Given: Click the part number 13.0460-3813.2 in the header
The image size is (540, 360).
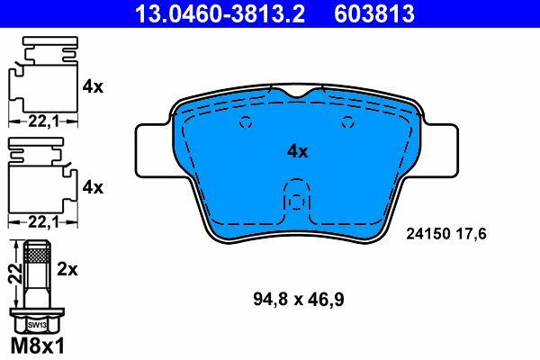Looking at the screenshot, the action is (220, 13).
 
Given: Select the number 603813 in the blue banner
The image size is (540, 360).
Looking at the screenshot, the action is (374, 13).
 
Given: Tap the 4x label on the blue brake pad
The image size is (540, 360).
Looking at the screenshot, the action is (298, 151).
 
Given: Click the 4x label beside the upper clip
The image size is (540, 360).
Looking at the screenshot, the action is (93, 86).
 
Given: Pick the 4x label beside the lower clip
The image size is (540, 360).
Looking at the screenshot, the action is (93, 188).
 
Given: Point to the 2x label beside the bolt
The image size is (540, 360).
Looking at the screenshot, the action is (67, 269).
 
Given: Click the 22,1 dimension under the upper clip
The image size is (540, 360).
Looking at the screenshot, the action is (43, 121).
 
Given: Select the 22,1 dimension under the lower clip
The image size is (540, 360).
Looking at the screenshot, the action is (43, 222).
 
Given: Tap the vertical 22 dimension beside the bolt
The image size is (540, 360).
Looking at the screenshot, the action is (14, 274).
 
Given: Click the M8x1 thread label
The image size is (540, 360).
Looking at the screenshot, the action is (38, 346).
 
